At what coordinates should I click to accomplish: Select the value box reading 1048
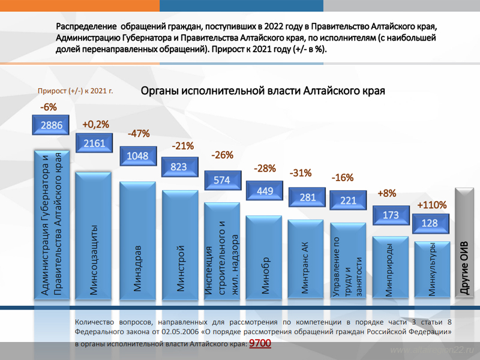point(137,155)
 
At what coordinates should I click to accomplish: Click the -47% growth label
point(139,133)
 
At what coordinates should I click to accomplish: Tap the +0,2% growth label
point(95,124)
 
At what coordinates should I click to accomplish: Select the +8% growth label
point(387,193)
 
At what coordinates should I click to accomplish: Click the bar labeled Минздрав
point(137,240)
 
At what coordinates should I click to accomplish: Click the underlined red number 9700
point(260,343)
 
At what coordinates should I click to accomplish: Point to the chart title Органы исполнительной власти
point(262,91)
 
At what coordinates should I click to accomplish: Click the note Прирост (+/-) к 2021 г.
point(76,92)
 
